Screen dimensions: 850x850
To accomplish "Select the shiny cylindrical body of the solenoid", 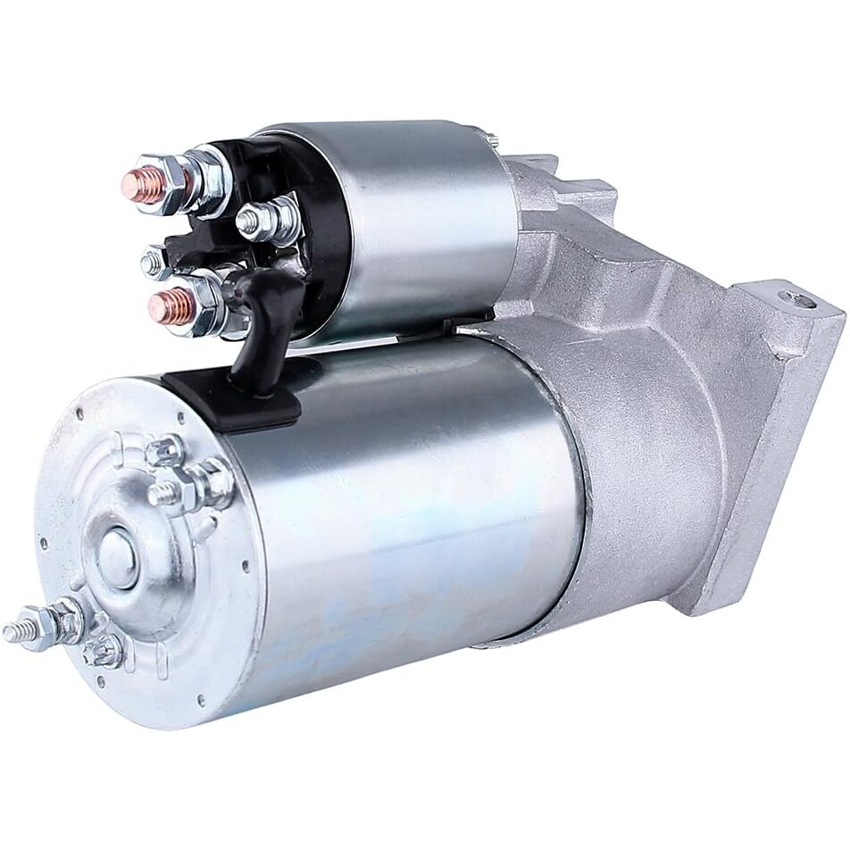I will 402,223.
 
